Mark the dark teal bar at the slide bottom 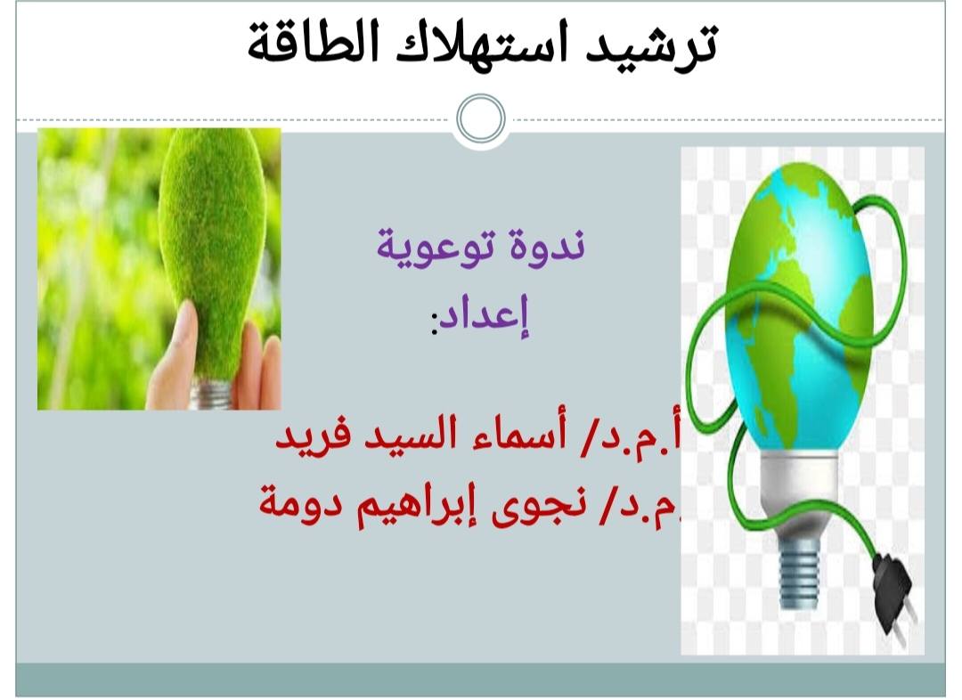coord(481,679)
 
